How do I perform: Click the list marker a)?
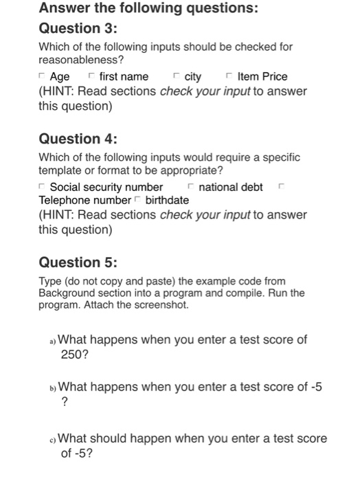click(53, 341)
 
